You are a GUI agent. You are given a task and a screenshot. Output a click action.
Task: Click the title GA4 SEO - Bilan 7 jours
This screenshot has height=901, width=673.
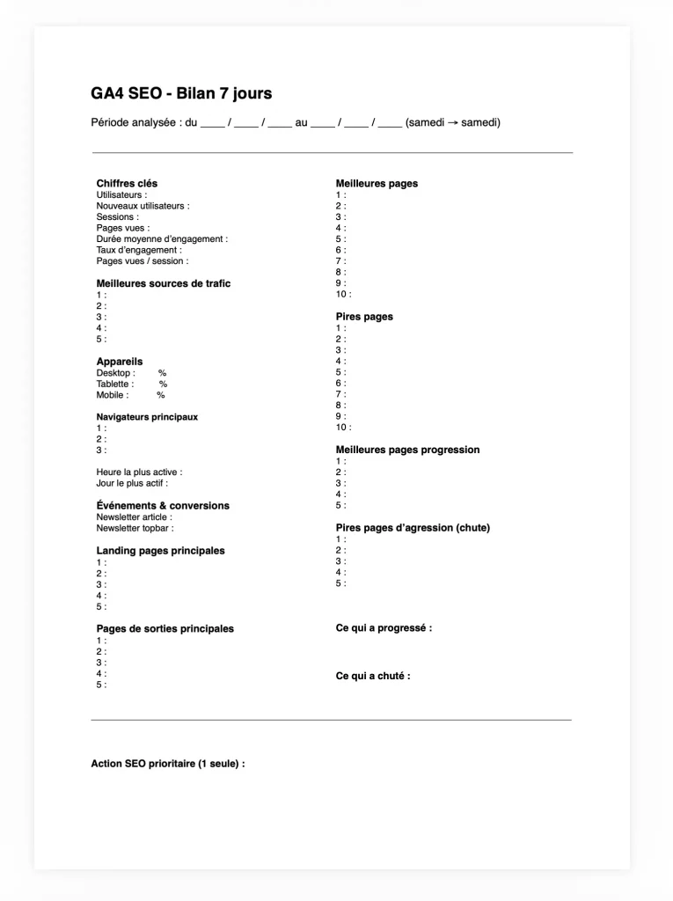click(181, 93)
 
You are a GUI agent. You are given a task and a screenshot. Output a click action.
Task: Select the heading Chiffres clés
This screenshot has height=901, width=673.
click(127, 183)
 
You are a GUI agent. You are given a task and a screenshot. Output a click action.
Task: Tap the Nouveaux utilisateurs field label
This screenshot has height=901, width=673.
click(143, 206)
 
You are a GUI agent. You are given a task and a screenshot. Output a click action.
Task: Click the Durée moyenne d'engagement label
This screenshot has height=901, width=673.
click(162, 238)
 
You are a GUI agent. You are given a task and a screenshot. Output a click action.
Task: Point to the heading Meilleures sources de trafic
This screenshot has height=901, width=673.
click(164, 283)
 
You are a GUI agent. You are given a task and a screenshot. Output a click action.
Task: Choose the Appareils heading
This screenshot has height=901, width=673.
click(120, 362)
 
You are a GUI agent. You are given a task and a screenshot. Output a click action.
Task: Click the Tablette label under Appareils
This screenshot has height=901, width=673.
click(115, 384)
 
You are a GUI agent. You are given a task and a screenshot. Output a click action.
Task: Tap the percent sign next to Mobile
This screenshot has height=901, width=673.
click(161, 395)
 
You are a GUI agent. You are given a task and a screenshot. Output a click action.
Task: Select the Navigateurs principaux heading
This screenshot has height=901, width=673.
click(147, 417)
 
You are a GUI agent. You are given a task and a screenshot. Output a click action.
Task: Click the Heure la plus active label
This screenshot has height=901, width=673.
click(139, 472)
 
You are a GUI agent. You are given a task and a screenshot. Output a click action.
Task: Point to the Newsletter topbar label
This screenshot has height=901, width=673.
click(135, 529)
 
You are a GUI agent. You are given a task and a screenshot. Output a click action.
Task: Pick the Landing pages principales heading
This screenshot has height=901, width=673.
click(160, 551)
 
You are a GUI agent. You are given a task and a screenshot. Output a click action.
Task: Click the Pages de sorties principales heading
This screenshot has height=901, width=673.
click(165, 629)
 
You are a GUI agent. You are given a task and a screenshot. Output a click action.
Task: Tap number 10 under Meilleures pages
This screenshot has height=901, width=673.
click(343, 295)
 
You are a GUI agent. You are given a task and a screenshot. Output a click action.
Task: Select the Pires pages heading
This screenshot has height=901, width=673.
click(364, 317)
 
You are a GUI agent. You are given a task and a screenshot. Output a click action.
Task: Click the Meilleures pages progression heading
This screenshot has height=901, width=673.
click(407, 450)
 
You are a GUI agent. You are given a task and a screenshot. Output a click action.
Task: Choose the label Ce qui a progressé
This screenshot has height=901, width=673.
click(384, 628)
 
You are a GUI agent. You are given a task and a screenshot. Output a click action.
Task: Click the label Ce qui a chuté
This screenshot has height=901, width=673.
click(373, 676)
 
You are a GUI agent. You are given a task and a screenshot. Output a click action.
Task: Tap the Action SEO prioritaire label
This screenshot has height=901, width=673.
click(167, 764)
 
